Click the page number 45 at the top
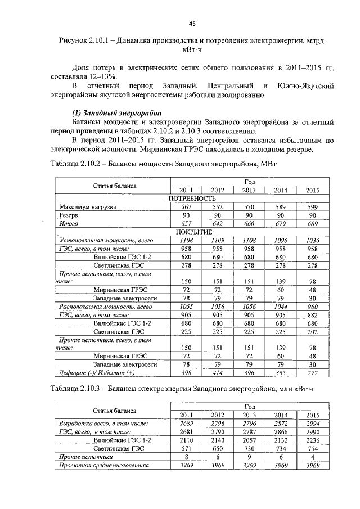(191, 24)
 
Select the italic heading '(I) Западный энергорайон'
(118, 112)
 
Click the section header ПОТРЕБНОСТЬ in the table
(192, 199)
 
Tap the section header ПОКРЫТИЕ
(192, 232)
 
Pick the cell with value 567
(186, 207)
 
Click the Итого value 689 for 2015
(312, 223)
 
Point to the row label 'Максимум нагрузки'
(88, 207)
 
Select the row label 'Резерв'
(69, 215)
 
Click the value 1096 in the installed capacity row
(281, 240)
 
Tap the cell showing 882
(312, 315)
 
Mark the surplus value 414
(218, 373)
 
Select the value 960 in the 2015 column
(312, 307)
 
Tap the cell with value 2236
(312, 440)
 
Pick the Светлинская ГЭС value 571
(186, 449)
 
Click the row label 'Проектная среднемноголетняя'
(103, 466)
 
